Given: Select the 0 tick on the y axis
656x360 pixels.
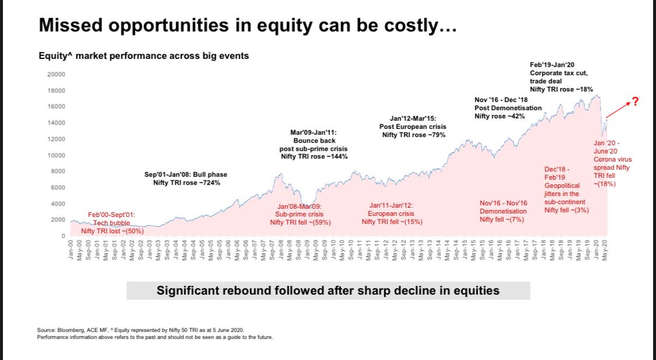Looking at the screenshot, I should (62, 236).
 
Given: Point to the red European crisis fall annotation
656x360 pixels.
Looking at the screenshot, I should (392, 214).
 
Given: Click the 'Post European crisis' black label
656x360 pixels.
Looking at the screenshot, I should (412, 127).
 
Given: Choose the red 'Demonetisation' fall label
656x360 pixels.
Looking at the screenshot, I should (503, 211).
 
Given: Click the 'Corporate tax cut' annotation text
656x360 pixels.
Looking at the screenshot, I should (559, 73).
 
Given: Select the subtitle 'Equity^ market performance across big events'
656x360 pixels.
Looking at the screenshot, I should (143, 56).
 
